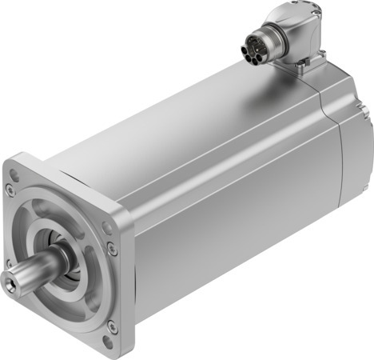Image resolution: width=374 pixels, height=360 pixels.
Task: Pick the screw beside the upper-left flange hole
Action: point(9,190)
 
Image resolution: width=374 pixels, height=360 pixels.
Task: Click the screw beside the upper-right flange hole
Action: point(113,250)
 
